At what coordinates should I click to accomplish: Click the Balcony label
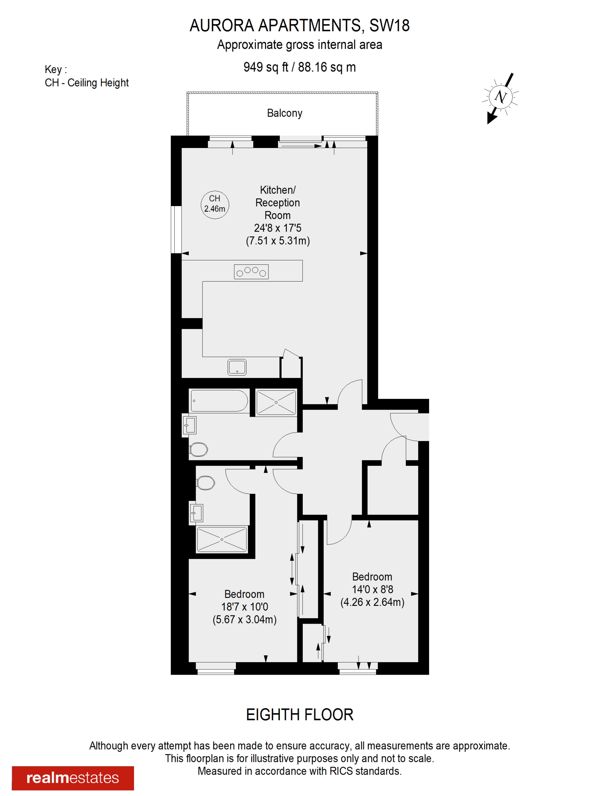coord(284,113)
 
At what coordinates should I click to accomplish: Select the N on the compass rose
coord(501,96)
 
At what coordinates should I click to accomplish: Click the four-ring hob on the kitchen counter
coord(251,272)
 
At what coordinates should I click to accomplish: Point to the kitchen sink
coord(237,367)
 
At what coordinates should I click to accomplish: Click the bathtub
coord(219,401)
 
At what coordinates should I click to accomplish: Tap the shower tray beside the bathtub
coord(276,402)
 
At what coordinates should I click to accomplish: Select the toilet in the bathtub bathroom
coord(198,449)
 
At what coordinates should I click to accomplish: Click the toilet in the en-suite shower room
coord(205,483)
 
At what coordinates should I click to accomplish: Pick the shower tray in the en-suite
coord(222,539)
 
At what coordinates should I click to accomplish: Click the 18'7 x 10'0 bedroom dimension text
coord(244,607)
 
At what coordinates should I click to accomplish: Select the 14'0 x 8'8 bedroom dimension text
coord(373,589)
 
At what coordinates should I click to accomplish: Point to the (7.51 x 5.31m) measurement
coord(278,240)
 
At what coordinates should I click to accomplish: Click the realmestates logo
coord(73,778)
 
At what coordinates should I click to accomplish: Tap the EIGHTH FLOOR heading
coord(299,715)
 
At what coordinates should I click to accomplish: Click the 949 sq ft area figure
coord(266,67)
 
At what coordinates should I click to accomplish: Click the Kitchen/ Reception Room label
coord(278,202)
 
